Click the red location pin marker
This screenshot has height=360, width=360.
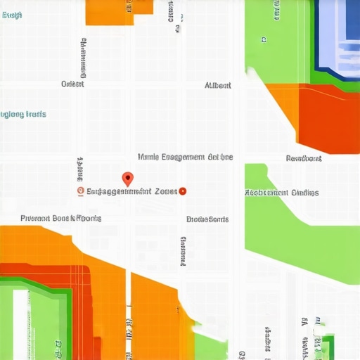tap(127, 179)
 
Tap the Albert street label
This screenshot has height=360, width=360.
tap(217, 85)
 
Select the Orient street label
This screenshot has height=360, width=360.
tap(72, 84)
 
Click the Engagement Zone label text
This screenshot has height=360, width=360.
tap(131, 191)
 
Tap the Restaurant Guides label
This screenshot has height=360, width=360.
tap(281, 193)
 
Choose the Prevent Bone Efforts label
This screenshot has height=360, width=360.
tap(60, 218)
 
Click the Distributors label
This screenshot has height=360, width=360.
tap(207, 219)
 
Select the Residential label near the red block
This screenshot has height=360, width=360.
tap(304, 158)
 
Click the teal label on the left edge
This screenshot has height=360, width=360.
tap(23, 114)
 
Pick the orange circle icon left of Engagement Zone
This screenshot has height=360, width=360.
tap(80, 191)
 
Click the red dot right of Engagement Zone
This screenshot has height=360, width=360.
tap(183, 191)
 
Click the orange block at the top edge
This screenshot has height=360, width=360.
tap(110, 12)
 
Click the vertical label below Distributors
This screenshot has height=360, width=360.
tap(183, 251)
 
